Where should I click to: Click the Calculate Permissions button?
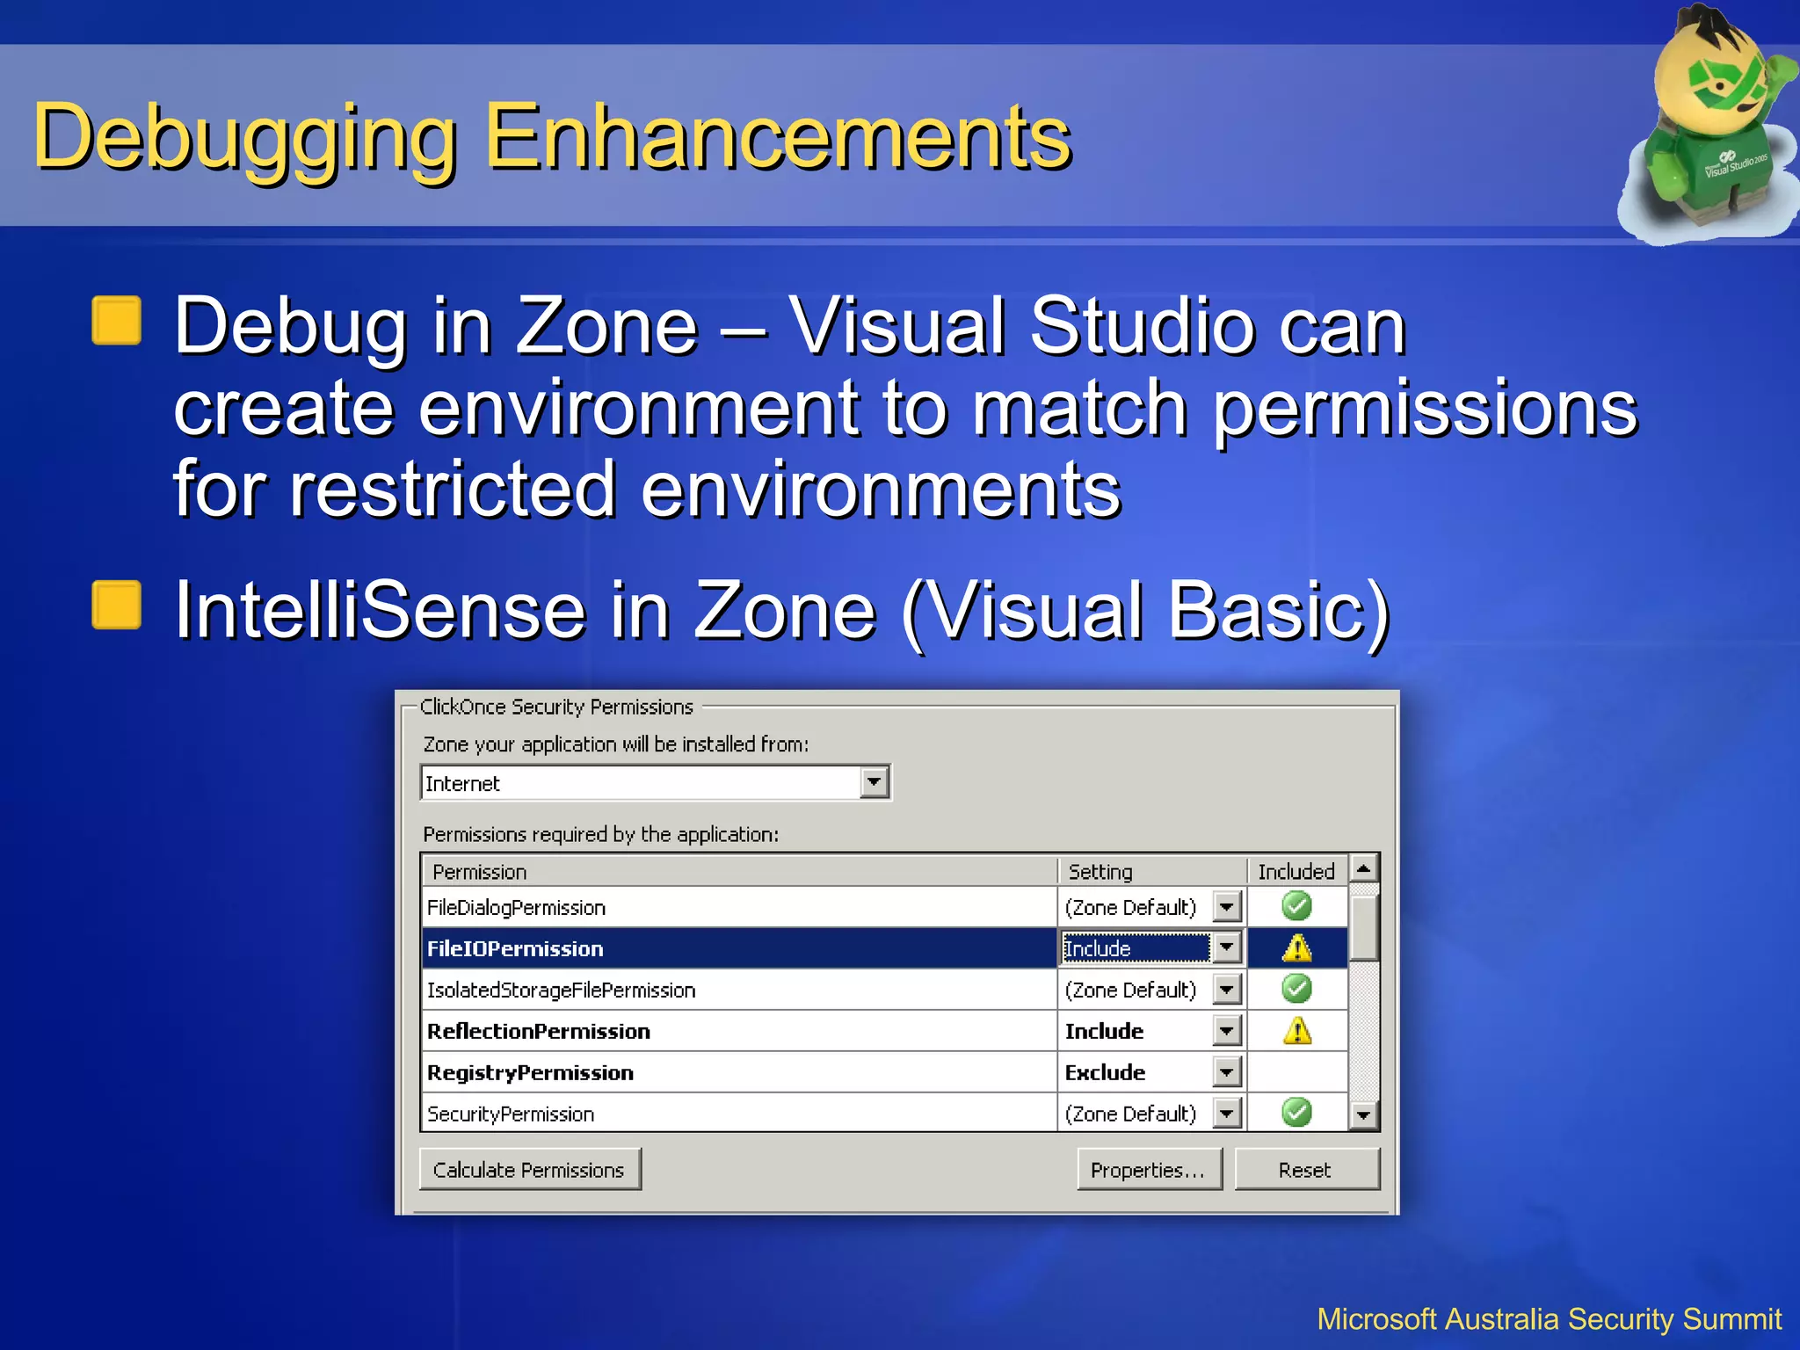[529, 1170]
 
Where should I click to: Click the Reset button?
[1306, 1170]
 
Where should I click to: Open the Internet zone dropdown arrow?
[874, 782]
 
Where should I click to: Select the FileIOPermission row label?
[515, 949]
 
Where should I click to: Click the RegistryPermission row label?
[530, 1073]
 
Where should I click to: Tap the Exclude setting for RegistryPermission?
[1106, 1073]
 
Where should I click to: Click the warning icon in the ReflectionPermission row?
[1297, 1031]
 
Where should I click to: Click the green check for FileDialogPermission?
[1296, 906]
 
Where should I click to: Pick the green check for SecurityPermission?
[1296, 1114]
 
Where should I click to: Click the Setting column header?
[1100, 872]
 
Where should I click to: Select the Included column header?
[1296, 872]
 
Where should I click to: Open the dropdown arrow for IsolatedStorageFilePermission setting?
[1227, 990]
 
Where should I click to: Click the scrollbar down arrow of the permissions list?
[1364, 1115]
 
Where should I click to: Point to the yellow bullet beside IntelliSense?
[117, 606]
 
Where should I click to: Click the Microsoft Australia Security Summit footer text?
[1549, 1319]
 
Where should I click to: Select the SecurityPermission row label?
[511, 1114]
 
